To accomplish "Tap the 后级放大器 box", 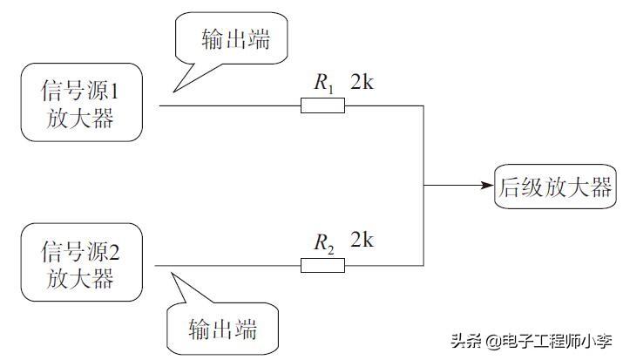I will tap(554, 186).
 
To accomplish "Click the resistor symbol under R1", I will tap(322, 106).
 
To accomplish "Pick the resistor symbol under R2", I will tap(322, 264).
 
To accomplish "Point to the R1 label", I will tap(323, 85).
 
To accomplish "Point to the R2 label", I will tap(323, 243).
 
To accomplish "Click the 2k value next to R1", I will tap(367, 85).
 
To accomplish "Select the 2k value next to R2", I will tap(367, 241).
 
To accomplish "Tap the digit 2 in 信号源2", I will tap(128, 253).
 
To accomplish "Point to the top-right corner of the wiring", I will tap(424, 106).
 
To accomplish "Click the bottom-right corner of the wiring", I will tap(424, 264).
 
